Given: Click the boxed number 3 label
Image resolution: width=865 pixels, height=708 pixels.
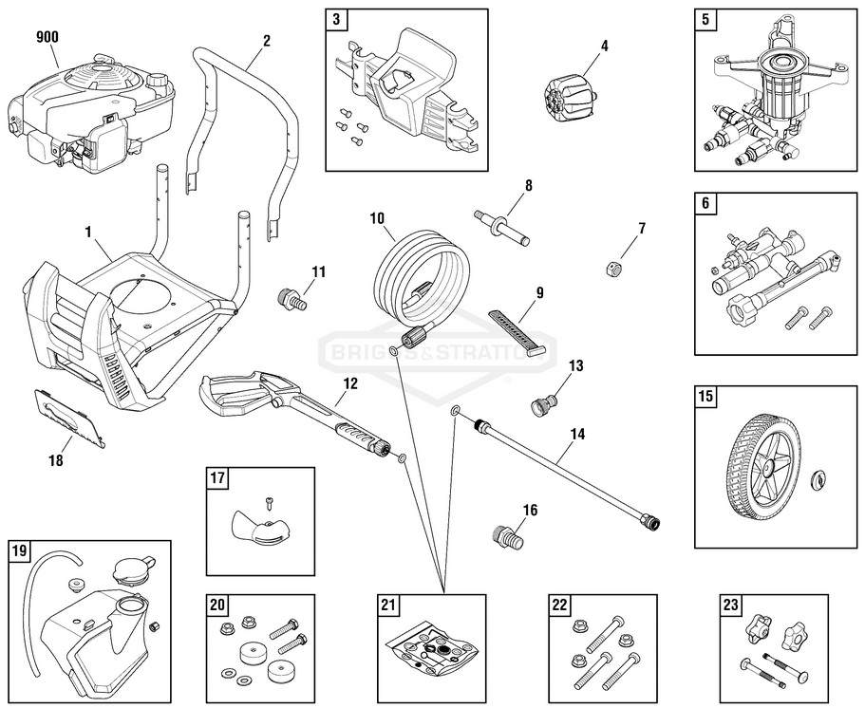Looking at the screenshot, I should [335, 18].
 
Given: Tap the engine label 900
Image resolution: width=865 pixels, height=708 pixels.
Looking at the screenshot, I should [47, 37].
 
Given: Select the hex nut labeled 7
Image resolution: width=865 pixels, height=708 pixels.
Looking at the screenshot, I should [612, 269].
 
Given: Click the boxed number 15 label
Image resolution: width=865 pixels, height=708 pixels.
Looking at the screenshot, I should [705, 396].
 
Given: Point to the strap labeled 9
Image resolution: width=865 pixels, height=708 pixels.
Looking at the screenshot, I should [518, 329].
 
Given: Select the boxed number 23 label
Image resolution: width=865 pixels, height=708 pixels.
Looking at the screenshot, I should [731, 605].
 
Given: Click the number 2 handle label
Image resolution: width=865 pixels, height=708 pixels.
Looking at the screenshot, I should [267, 40].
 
